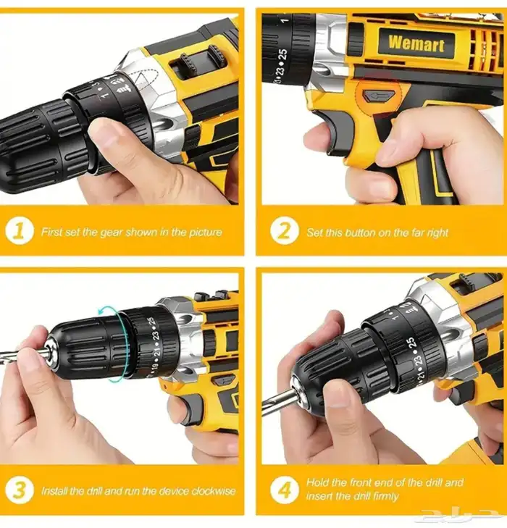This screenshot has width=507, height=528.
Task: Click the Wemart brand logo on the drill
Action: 416,43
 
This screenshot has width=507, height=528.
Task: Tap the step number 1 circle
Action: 19,231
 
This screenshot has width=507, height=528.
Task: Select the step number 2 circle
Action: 285,231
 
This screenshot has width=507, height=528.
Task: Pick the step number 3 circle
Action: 19,490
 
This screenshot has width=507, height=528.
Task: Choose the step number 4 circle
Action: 285,490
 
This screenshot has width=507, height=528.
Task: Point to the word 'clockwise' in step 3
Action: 214,491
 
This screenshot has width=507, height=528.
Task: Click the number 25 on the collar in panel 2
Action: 283,54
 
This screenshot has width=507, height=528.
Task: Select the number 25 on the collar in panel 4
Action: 411,344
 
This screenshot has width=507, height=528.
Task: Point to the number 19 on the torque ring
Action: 155,366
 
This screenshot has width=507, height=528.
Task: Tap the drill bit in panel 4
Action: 277,398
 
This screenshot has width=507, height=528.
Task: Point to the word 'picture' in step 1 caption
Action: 206,232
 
